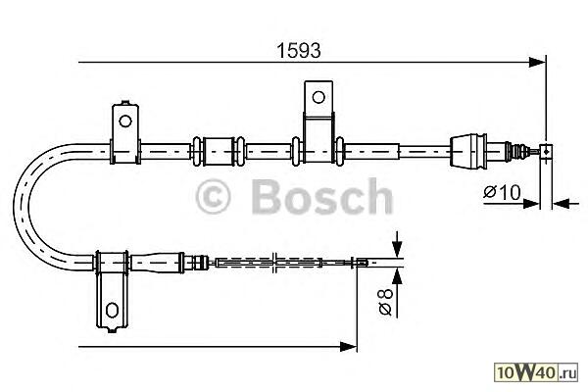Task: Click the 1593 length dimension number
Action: pos(299,51)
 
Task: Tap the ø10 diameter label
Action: pos(502,193)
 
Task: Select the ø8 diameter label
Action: pos(386,302)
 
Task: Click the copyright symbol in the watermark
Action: pos(213,197)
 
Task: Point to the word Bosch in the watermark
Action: pos(322,196)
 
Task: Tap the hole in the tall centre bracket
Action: pos(318,97)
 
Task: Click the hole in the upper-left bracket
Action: pos(124,122)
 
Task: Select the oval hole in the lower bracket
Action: pos(112,310)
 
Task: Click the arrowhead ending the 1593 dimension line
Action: pos(537,63)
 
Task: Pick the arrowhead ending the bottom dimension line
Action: pos(348,346)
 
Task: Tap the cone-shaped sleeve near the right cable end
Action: pos(468,150)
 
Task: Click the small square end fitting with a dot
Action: pos(546,152)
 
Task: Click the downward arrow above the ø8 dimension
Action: pos(397,245)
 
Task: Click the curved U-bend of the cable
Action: pos(33,207)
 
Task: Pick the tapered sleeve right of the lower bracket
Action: pos(156,262)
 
